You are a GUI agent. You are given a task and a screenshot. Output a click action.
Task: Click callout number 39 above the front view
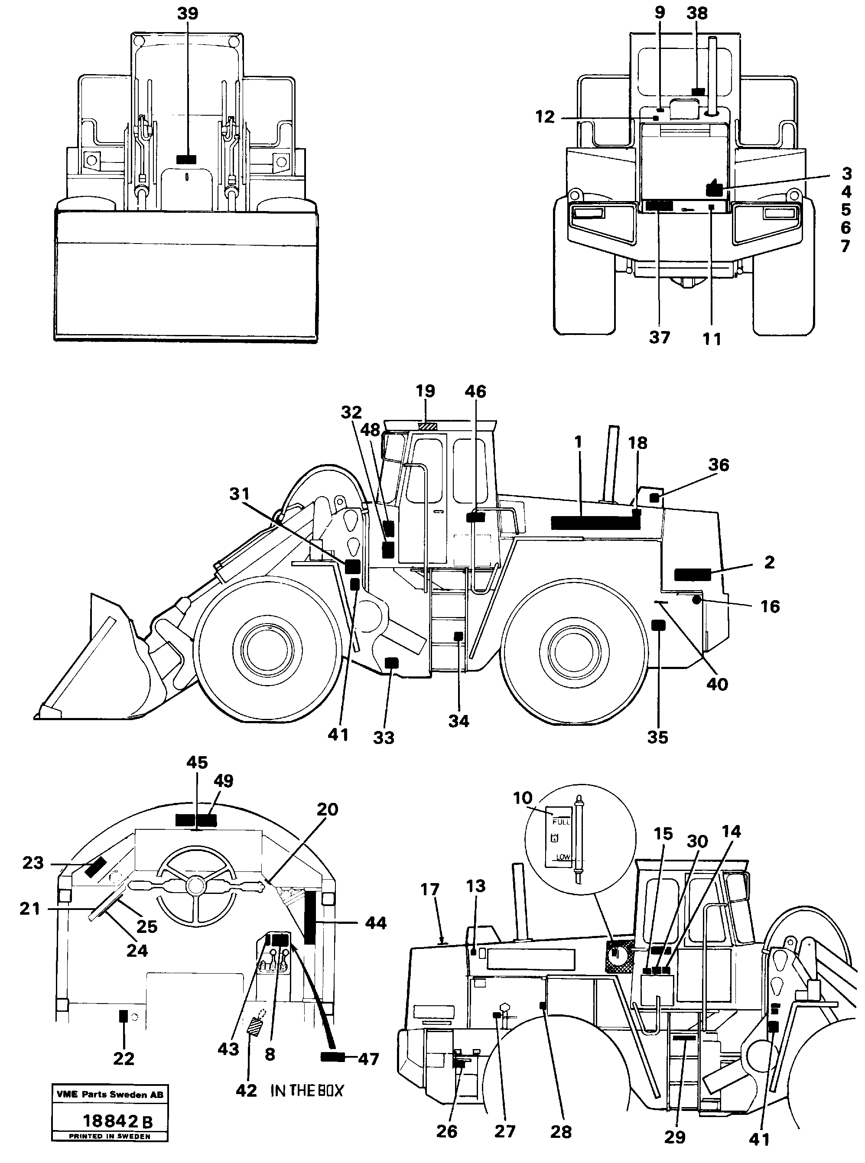(x=188, y=13)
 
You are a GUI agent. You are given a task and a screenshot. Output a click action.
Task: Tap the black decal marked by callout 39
(x=186, y=159)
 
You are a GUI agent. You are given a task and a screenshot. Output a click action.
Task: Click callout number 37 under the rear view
(x=659, y=338)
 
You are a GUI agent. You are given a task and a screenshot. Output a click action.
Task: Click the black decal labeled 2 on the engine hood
(x=692, y=575)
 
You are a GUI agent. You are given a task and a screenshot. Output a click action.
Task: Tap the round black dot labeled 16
(x=696, y=600)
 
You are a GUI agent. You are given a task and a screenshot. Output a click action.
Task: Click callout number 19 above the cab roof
(x=425, y=391)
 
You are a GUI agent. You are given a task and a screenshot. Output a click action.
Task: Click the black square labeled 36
(x=654, y=497)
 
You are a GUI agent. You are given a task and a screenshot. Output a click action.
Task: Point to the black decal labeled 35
(x=658, y=624)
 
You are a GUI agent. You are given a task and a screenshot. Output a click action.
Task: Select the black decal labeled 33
(x=391, y=663)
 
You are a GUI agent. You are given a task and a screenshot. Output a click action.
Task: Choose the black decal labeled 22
(x=124, y=1017)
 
